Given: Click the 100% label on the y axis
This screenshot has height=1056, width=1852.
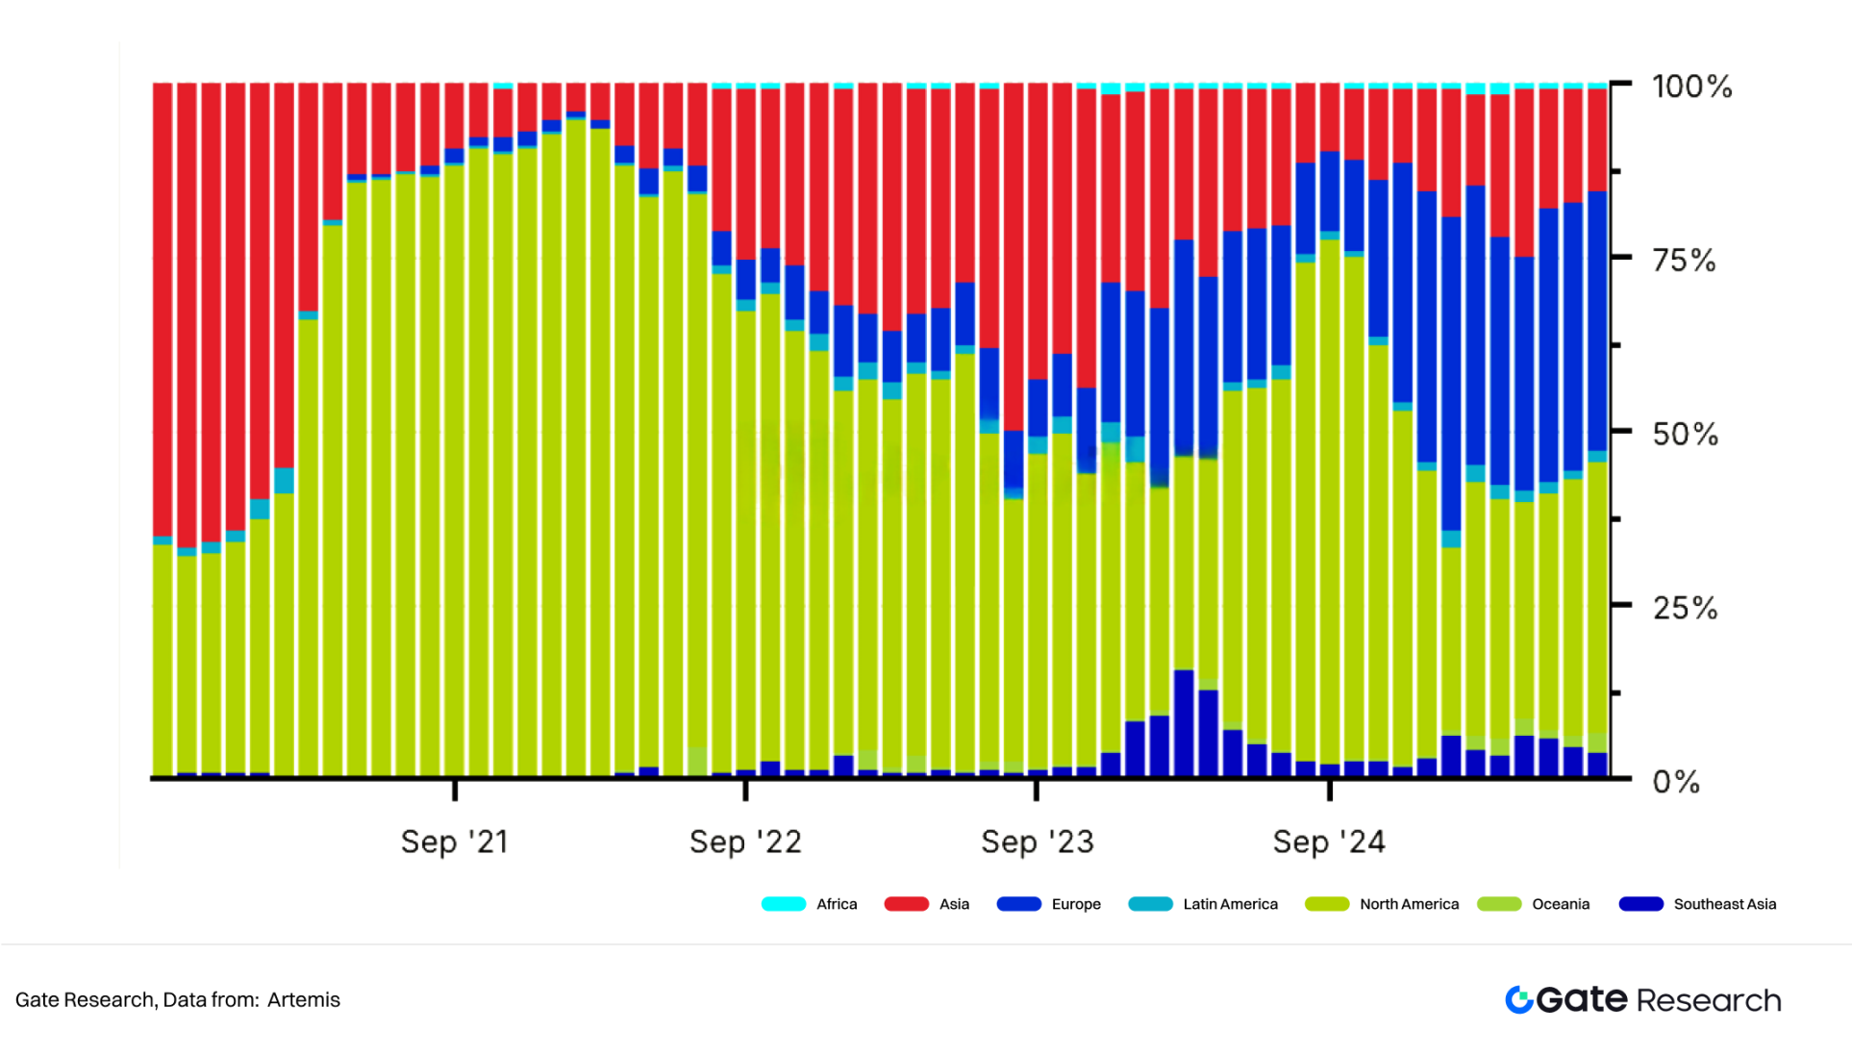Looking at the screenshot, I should click(1691, 87).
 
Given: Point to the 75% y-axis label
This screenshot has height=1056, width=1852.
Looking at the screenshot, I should click(1684, 261).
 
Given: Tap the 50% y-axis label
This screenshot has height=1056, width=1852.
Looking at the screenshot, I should click(1685, 435).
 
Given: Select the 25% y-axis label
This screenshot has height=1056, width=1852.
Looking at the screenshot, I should click(1685, 609).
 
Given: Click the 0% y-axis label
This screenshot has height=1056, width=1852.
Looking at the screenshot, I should click(1676, 782).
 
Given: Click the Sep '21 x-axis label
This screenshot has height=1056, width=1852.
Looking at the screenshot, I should click(454, 842).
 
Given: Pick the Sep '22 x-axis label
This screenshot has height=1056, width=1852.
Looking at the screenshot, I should click(745, 842).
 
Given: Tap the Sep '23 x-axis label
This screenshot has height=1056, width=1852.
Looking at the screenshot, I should click(1037, 842).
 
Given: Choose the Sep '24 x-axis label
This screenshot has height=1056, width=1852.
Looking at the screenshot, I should click(1329, 842).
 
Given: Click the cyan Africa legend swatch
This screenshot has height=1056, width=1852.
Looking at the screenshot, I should click(783, 904).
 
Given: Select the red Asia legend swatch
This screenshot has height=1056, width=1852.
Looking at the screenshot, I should click(906, 904).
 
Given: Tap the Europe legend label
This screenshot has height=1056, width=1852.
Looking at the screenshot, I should click(1076, 904).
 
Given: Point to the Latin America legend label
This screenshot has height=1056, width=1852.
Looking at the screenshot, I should click(1230, 904).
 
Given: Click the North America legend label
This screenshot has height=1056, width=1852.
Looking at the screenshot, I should click(1409, 904).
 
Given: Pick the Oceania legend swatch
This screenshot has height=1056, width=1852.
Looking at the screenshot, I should click(1499, 904).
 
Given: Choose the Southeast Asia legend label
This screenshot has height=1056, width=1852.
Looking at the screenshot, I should click(1724, 904).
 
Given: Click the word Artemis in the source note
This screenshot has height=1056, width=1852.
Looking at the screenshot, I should click(304, 1000).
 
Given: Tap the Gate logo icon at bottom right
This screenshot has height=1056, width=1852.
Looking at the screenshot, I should click(1519, 1000).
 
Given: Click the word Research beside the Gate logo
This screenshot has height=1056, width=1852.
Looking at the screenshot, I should click(1709, 1001).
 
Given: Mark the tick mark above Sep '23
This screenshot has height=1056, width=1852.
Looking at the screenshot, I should click(1037, 790).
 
